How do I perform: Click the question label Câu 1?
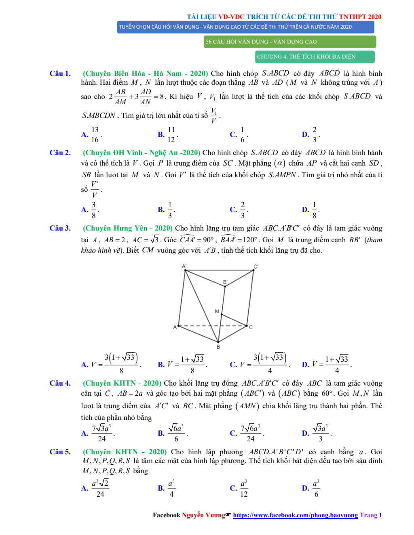tap(60, 73)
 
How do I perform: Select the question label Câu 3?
tap(60, 228)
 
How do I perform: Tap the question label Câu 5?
tap(60, 452)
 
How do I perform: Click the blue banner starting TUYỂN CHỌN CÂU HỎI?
tap(245, 27)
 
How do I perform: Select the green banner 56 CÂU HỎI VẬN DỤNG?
tap(289, 42)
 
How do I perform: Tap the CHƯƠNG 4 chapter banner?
tap(315, 57)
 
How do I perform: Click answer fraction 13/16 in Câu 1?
tap(95, 134)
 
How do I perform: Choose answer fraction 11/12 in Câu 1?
tap(171, 134)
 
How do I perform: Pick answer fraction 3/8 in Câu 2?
tap(94, 210)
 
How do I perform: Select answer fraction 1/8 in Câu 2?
tap(315, 210)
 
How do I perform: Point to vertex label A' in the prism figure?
tap(184, 266)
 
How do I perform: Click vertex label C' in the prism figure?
tap(256, 266)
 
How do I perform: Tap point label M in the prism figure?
tap(217, 311)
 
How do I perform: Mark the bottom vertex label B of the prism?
tap(218, 347)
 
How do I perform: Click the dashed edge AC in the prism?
tap(212, 325)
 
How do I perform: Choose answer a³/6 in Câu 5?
tap(316, 488)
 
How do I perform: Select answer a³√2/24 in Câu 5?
tap(100, 488)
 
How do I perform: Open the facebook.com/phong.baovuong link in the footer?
tap(295, 515)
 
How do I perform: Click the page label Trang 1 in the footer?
tap(371, 515)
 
